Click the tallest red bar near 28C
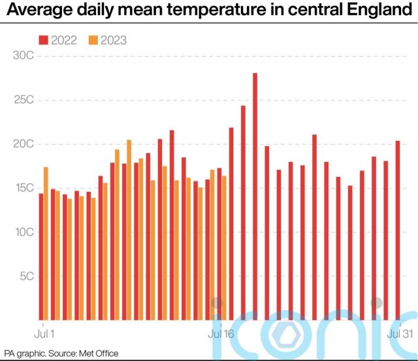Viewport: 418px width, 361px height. click(x=255, y=196)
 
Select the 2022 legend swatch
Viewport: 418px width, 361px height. click(x=44, y=40)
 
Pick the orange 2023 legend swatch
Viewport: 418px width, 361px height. click(x=95, y=40)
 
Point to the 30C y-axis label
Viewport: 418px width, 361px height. click(x=24, y=55)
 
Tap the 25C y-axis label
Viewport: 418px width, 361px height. click(x=24, y=100)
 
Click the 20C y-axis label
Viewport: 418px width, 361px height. click(x=24, y=144)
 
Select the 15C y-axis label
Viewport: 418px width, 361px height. click(x=24, y=188)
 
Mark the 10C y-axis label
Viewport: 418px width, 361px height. click(x=24, y=232)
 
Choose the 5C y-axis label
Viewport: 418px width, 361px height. click(x=25, y=276)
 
